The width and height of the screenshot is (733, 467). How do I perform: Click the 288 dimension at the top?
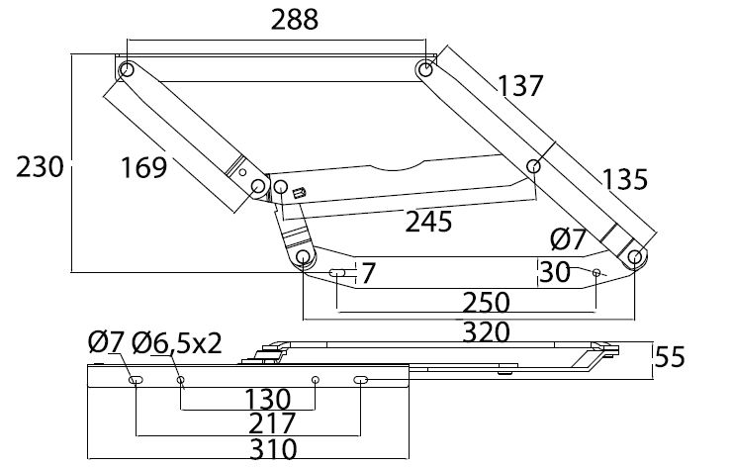coord(282,20)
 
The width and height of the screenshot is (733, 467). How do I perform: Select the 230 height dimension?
coord(40,165)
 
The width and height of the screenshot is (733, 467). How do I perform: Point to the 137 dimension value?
coord(520,86)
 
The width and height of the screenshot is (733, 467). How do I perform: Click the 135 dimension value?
coord(624,179)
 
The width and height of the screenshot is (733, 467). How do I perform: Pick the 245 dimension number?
coord(430,220)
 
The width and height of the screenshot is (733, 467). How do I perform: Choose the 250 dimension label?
coord(485,301)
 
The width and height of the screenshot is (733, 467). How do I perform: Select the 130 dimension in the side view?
coord(268,400)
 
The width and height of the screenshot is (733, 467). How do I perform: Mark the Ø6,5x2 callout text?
coord(179,342)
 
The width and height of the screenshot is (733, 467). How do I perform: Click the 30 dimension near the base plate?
coord(555,271)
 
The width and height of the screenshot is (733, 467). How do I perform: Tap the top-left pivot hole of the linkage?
coord(127,71)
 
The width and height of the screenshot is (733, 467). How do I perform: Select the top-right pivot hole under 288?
coord(424,70)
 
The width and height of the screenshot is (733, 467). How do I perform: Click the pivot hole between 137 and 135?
coord(534,165)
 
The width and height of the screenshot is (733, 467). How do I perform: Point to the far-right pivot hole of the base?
coord(633,257)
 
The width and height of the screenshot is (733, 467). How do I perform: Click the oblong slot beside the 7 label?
coord(338,272)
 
